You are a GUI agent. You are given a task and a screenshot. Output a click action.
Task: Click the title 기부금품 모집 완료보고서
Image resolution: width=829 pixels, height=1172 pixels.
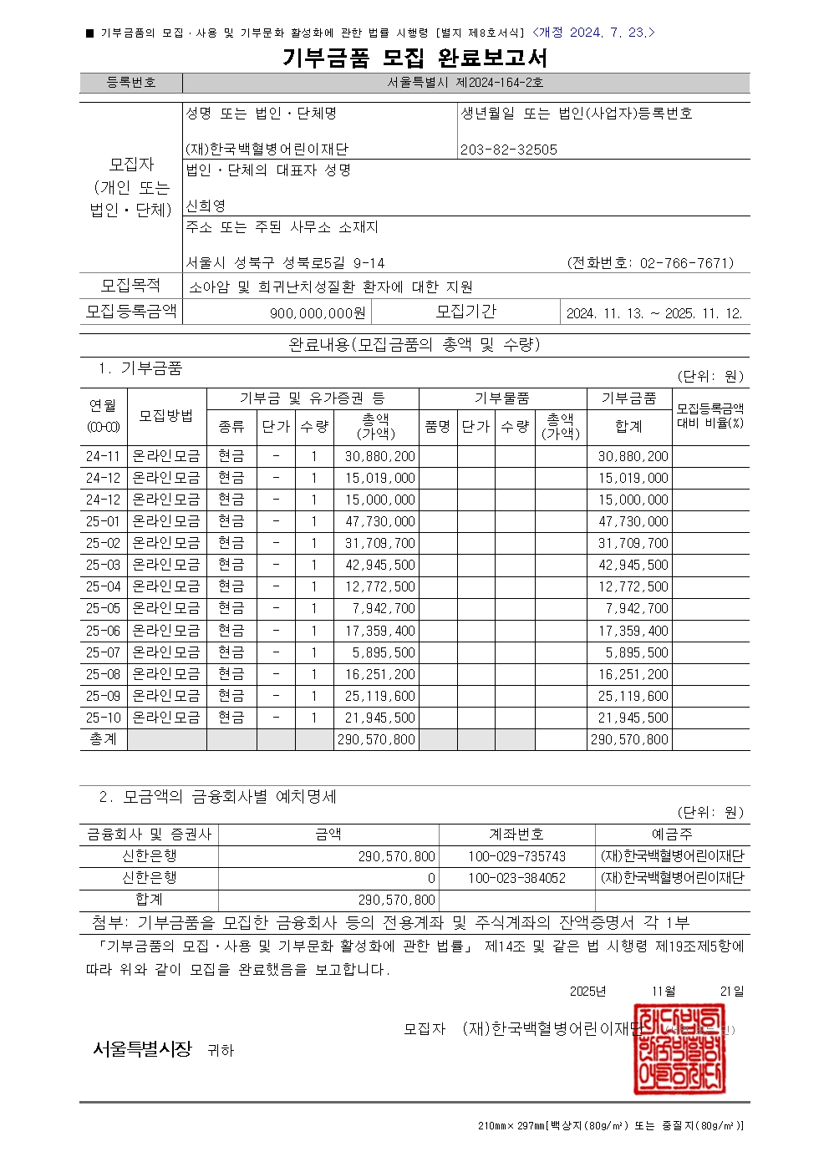pos(414,58)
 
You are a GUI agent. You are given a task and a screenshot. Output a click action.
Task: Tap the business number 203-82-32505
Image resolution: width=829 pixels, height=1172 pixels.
pos(509,150)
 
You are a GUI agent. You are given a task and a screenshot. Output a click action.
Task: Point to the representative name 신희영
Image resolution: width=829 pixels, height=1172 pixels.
pos(206,205)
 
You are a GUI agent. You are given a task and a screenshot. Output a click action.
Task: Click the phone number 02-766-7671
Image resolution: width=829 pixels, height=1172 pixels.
pos(686,263)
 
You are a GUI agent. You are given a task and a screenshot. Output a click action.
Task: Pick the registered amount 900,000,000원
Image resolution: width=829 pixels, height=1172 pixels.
pos(318,313)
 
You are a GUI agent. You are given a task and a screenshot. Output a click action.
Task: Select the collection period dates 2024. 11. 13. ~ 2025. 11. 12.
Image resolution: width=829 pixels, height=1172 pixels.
pos(654,313)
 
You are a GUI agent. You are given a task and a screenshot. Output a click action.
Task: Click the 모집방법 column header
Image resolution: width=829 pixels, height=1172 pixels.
pos(166,416)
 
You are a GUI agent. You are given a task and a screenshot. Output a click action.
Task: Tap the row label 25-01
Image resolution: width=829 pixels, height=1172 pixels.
pos(103,521)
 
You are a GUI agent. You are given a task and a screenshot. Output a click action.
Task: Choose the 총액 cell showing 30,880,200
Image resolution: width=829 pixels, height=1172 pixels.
pos(379,456)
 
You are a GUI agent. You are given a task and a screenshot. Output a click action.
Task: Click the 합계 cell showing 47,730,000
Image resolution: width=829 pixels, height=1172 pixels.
pos(633,521)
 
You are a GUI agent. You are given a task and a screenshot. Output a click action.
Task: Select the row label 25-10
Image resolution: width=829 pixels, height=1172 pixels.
pos(103,718)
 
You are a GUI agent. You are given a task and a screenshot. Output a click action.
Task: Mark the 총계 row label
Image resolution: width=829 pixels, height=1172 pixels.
pos(103,739)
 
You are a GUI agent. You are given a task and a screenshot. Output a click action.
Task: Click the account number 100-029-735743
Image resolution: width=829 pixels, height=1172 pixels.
pos(516,856)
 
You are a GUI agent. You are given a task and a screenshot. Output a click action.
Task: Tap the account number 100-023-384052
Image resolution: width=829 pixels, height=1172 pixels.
pos(516,878)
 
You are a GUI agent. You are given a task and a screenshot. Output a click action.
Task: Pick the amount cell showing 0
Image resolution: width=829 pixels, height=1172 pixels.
pos(431,878)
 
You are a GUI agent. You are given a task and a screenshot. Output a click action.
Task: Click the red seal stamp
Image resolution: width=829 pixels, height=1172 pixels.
pos(679,1050)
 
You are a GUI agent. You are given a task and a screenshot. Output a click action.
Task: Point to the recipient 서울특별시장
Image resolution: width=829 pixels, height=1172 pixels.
pos(142,1049)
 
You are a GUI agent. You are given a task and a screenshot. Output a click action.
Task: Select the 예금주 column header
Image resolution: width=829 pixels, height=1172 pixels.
pos(672,835)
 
